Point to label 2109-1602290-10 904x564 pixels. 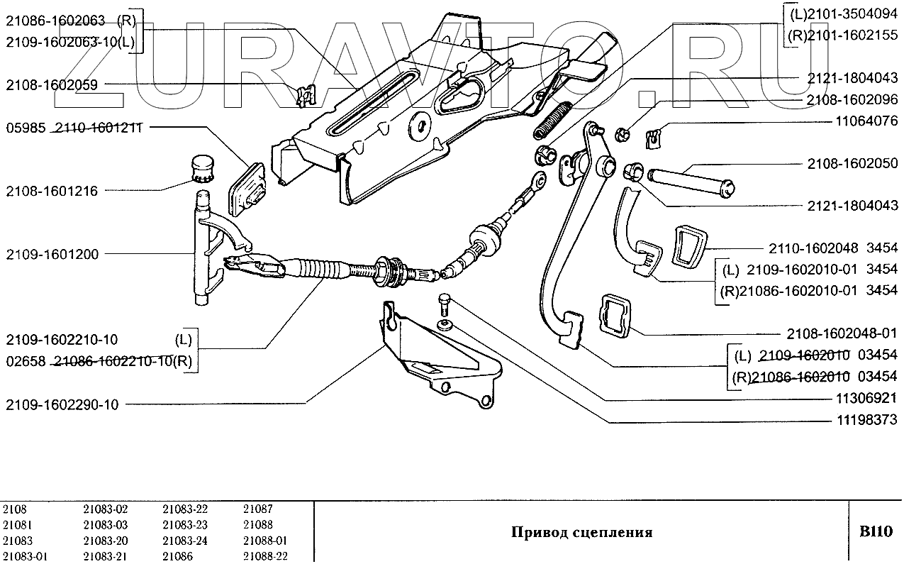62,405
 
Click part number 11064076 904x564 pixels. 862,121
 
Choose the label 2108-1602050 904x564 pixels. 852,164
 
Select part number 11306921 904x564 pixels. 862,398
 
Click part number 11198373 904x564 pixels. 862,421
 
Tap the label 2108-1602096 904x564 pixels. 852,100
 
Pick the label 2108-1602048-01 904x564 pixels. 842,333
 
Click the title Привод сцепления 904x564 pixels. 581,533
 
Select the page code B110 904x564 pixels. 876,531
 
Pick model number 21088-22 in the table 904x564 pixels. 265,556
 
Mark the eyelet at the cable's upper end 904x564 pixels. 538,183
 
